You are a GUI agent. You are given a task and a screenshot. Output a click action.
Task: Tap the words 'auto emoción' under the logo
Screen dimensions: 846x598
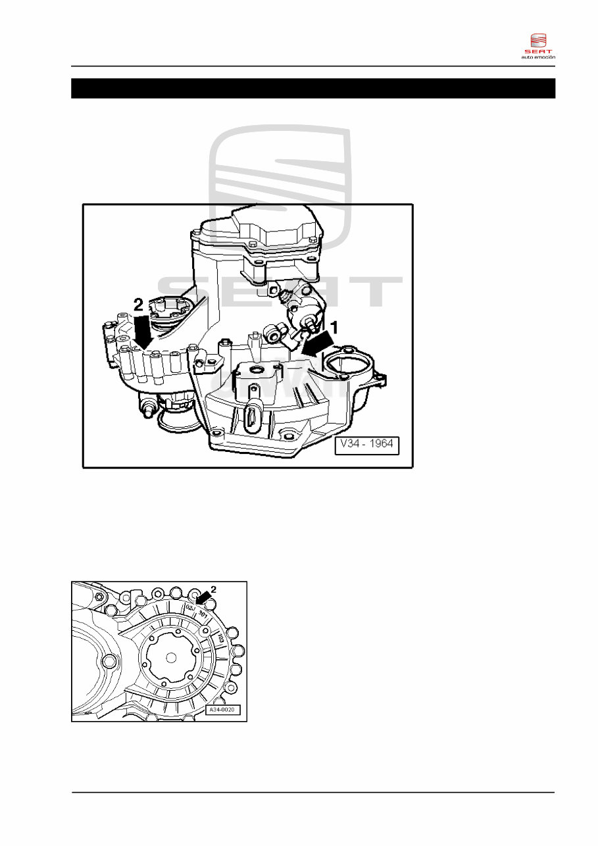coord(538,57)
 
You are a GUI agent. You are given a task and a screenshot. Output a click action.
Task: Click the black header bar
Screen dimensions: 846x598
coord(313,88)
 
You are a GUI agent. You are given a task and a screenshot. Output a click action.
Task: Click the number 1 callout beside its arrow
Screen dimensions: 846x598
coord(334,325)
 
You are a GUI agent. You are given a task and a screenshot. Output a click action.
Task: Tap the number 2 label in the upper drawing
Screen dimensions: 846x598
coord(138,305)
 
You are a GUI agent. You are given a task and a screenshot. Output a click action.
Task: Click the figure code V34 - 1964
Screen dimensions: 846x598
coord(366,444)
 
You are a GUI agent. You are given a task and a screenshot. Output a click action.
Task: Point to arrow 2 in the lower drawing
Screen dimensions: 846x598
coord(204,596)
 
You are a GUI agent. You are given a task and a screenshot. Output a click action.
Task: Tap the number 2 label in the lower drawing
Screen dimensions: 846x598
coord(213,588)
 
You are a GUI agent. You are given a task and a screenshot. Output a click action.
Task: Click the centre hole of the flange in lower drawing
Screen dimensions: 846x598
coord(171,657)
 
